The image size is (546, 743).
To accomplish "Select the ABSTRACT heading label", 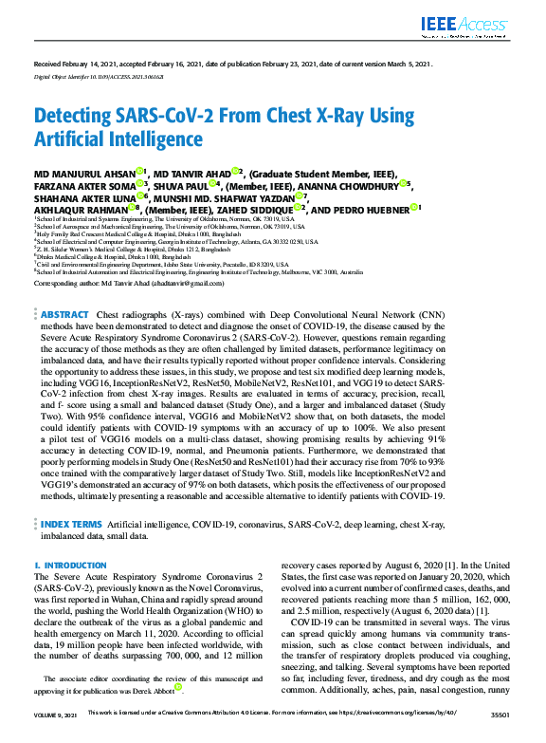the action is coord(64,288).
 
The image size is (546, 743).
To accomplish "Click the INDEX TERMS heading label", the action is coord(70,523).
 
